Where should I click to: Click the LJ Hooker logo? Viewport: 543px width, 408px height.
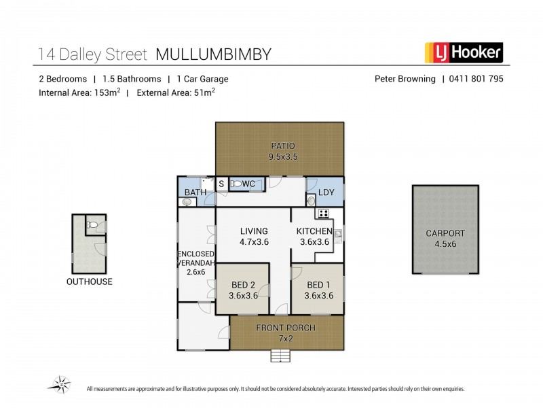point(464,52)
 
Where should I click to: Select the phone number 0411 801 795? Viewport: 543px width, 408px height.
point(476,79)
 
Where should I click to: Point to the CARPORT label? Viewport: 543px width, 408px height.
point(445,233)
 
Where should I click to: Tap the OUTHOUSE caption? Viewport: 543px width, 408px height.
point(89,282)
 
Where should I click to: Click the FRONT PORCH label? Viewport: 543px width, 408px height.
point(286,328)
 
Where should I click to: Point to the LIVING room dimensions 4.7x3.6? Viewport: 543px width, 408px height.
point(254,241)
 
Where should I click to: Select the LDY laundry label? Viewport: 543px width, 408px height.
point(326,193)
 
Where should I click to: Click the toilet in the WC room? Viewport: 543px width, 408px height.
point(236,184)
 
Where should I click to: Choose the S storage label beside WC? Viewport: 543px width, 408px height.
point(221,184)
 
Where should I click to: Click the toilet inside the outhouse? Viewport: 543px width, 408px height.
point(92,224)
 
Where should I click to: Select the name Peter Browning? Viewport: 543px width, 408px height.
point(405,79)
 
